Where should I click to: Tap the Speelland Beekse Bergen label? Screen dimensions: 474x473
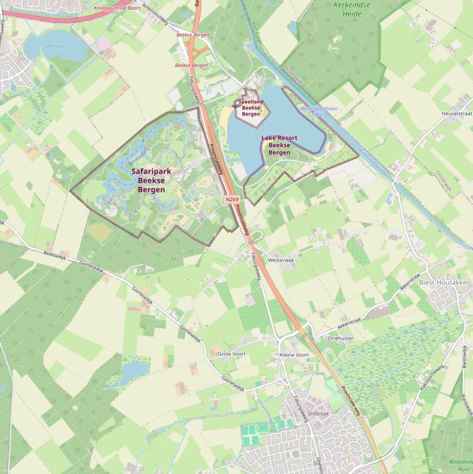point(251,108)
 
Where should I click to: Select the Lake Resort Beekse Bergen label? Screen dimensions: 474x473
point(279,145)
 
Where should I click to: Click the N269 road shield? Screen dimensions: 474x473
point(232,199)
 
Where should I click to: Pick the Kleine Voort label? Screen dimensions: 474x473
point(294,355)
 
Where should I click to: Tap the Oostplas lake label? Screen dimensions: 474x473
point(55,46)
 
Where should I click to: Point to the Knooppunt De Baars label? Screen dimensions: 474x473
point(117,8)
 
